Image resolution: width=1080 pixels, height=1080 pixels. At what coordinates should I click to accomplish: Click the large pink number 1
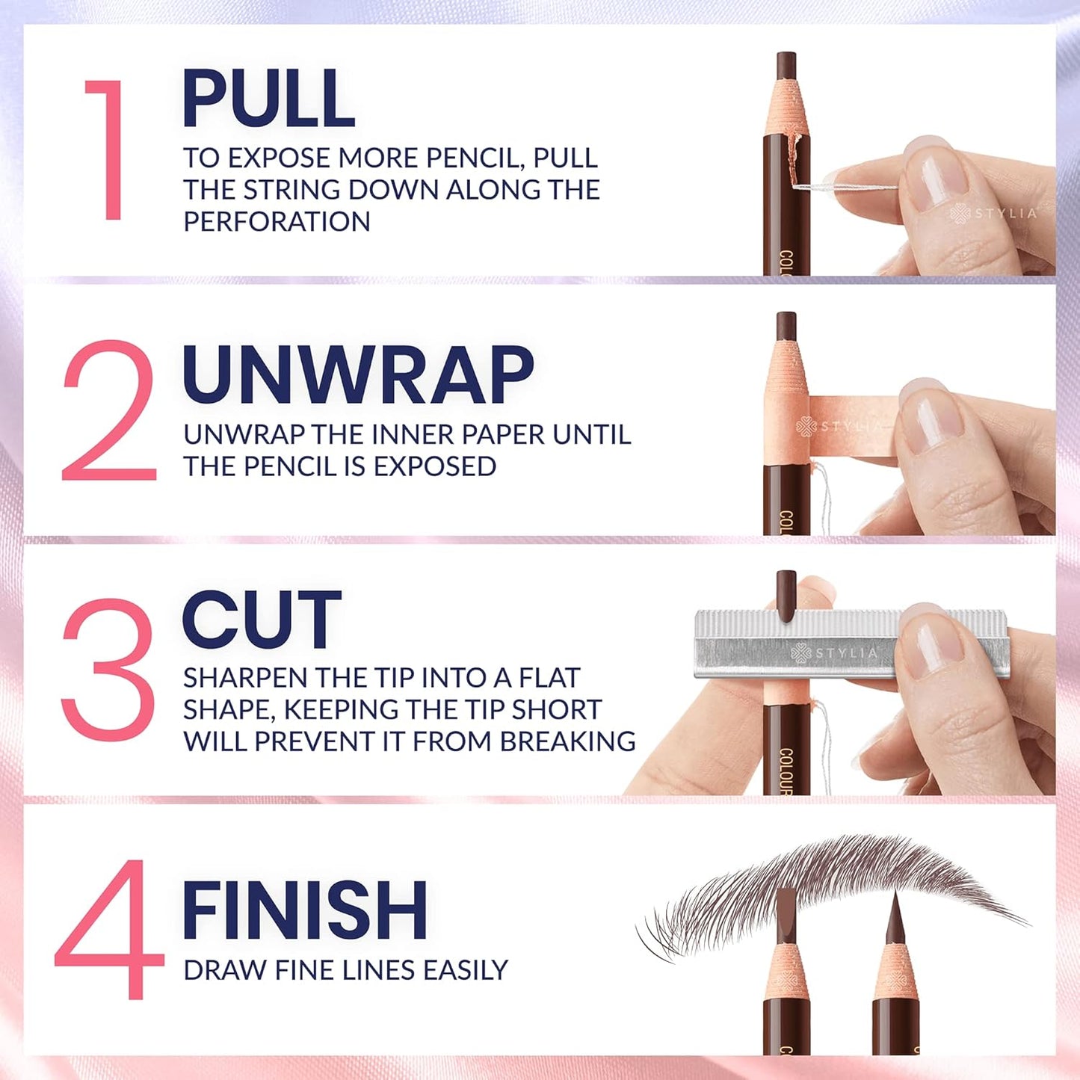coord(108,149)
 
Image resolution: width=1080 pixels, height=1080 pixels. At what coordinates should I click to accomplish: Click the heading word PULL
coord(268,99)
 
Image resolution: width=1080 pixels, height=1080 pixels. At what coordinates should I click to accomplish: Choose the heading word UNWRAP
coord(358,376)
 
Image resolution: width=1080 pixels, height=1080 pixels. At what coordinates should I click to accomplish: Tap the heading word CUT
coord(262,620)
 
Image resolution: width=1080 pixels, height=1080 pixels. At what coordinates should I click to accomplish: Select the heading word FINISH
coord(304,910)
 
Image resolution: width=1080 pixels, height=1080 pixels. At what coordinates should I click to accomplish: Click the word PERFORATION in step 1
coord(277,222)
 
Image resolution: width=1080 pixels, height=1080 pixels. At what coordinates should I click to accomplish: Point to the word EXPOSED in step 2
coord(435,466)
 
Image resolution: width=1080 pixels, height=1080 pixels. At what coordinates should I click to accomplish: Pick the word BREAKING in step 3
coord(568,741)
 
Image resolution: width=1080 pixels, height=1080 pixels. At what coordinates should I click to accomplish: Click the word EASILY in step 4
coord(465,970)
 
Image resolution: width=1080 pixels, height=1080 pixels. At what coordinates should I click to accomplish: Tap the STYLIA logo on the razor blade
coord(834,652)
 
